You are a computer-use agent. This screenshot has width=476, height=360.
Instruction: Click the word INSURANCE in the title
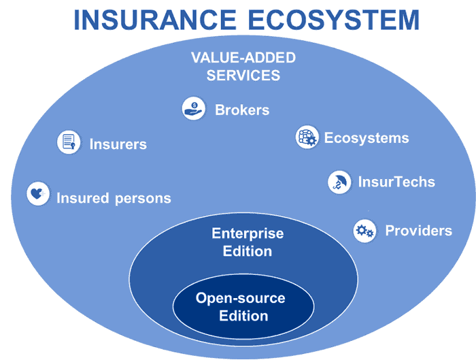[155, 20]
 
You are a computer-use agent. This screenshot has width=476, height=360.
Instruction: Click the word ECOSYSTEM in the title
[334, 20]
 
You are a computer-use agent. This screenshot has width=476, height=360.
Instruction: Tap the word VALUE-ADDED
[243, 57]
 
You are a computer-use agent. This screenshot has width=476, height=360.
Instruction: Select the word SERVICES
[243, 75]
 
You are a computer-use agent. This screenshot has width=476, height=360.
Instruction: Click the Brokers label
[242, 110]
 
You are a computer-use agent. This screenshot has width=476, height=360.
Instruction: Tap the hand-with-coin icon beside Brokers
[194, 108]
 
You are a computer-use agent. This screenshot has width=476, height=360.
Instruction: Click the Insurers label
[118, 144]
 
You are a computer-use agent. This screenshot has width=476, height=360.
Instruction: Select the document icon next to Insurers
[69, 142]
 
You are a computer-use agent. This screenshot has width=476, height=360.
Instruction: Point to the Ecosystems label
[367, 138]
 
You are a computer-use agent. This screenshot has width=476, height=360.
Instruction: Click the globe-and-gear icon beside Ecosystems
[307, 137]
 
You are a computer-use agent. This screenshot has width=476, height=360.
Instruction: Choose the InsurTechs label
[396, 182]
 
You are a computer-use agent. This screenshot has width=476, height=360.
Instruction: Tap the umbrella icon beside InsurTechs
[339, 182]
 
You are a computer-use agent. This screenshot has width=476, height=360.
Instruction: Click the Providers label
[419, 231]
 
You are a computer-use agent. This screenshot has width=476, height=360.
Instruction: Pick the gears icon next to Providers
[364, 231]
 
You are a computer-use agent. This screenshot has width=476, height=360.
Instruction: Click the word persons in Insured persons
[143, 199]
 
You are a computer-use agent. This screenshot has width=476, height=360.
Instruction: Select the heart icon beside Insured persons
[38, 193]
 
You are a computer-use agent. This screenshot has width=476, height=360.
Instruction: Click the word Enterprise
[248, 234]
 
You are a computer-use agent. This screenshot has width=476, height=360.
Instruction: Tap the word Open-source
[241, 299]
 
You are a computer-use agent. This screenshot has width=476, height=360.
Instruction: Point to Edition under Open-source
[243, 316]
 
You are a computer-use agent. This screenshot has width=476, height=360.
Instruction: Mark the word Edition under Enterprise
[248, 251]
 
